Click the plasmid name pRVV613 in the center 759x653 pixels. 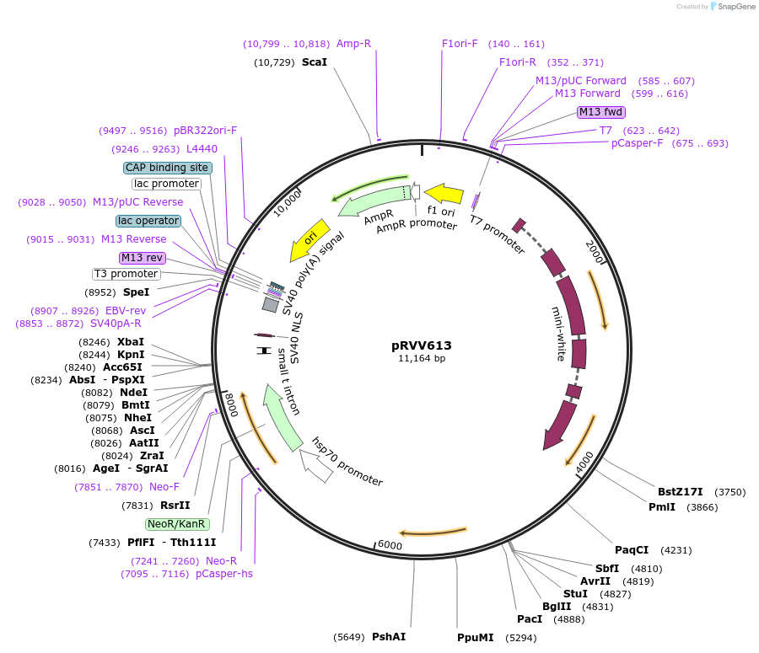coord(422,345)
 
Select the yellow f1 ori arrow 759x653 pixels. coord(444,195)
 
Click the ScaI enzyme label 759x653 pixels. coord(314,62)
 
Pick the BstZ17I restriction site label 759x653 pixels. coord(680,492)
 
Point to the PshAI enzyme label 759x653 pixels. coord(389,637)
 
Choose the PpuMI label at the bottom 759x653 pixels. coord(476,637)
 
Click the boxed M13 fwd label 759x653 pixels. coord(601,112)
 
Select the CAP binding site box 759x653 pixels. coord(167,168)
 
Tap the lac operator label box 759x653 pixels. coord(148,221)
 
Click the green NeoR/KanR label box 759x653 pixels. coord(176,524)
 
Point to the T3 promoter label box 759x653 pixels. coord(126,274)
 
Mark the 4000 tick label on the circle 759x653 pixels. coord(584,463)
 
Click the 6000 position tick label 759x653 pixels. coord(390,545)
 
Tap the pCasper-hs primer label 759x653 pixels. coord(224,574)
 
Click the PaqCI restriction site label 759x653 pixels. coord(632,550)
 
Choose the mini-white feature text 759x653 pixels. coord(558,334)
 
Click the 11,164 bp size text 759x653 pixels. coord(422,359)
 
